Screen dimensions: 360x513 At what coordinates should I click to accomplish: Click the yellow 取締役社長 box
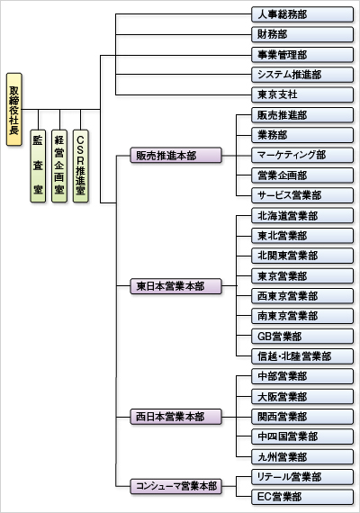(14, 109)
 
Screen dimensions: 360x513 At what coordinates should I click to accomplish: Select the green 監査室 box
(38, 166)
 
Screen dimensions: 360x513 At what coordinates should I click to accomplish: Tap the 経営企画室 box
(59, 166)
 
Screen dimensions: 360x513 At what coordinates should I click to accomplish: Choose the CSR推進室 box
(80, 166)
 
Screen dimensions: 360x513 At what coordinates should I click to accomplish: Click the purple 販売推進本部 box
(176, 156)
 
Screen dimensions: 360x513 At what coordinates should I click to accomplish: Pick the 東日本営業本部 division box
(176, 286)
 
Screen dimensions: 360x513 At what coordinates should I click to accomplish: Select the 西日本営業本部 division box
(176, 417)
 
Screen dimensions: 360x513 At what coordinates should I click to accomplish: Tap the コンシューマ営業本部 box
(176, 486)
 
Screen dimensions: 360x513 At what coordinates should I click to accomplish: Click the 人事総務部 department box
(302, 14)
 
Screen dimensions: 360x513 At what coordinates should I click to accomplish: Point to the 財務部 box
(302, 34)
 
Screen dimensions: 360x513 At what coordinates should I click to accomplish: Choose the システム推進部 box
(302, 75)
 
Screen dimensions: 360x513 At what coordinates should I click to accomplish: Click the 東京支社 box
(302, 94)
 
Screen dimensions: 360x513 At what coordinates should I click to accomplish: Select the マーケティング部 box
(302, 155)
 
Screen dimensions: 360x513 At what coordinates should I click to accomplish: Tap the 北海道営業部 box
(302, 216)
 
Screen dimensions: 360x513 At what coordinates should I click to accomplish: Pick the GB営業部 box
(302, 337)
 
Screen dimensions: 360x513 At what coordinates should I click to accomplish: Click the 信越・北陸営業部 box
(302, 356)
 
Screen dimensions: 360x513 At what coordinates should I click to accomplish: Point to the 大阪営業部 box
(302, 397)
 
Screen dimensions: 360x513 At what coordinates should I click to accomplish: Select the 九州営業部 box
(302, 456)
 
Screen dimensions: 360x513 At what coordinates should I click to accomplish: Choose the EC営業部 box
(302, 497)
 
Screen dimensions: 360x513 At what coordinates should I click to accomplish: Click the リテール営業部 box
(302, 477)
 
